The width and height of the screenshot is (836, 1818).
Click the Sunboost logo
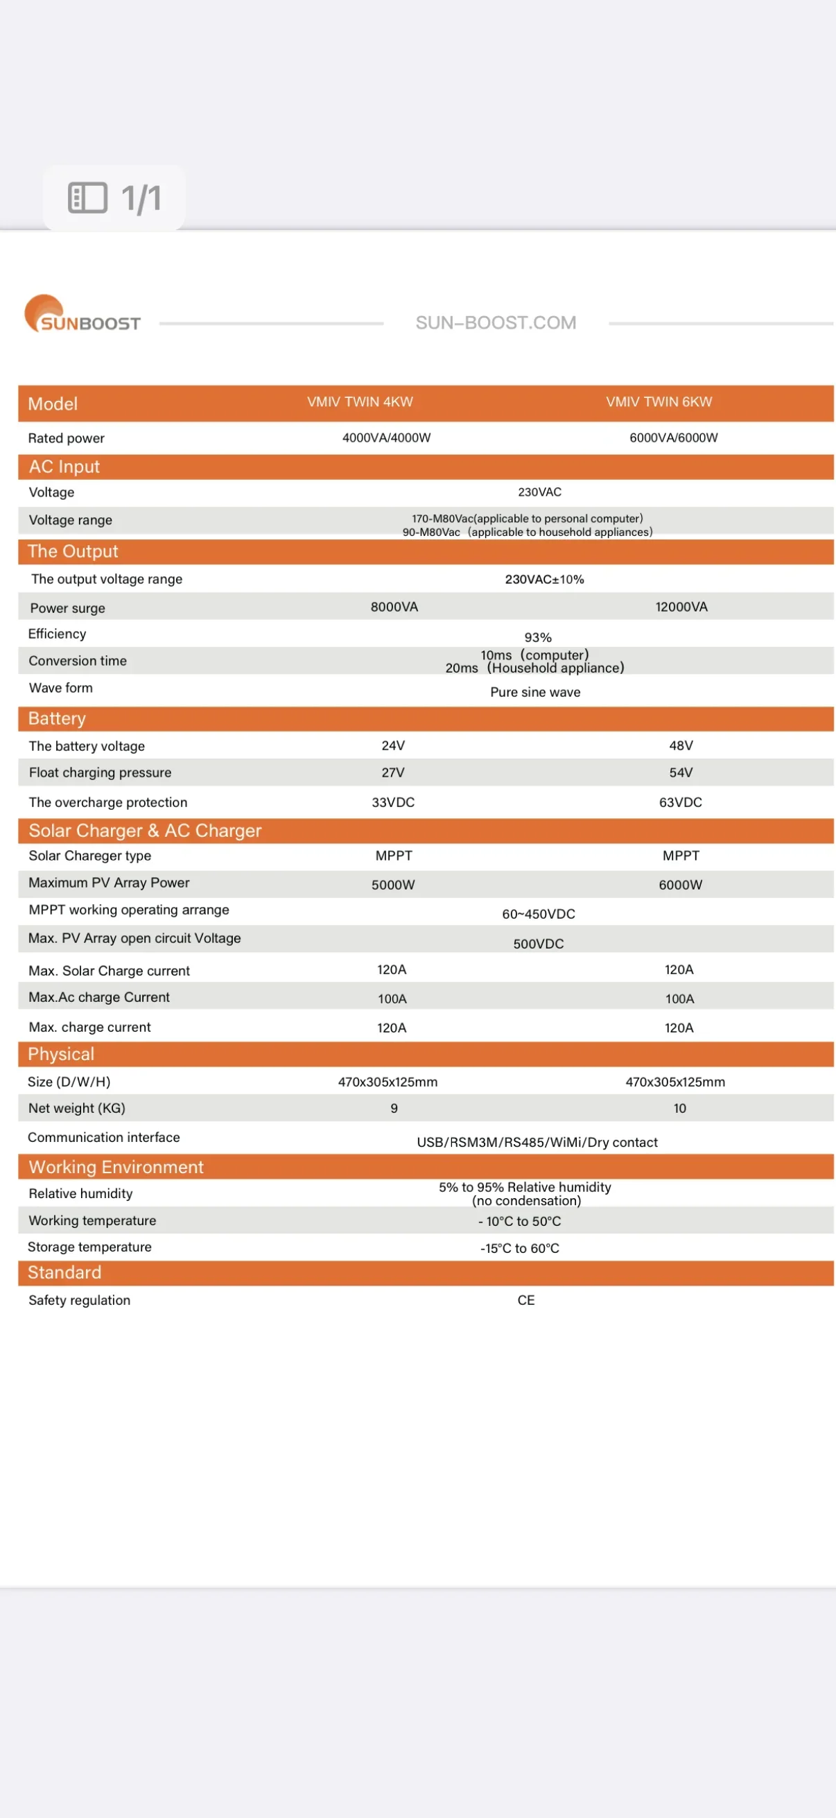[x=82, y=315]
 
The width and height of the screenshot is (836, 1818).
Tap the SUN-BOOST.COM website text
[x=495, y=322]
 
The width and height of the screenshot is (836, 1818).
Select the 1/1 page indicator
[x=115, y=198]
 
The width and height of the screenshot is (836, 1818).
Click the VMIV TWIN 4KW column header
[x=360, y=402]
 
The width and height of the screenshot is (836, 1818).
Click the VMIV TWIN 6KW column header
[x=659, y=402]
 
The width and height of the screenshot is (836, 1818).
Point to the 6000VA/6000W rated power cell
[x=673, y=438]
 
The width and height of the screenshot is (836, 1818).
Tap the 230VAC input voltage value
[x=539, y=492]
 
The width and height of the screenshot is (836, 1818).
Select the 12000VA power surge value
[x=681, y=607]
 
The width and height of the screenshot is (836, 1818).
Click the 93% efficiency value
[x=538, y=637]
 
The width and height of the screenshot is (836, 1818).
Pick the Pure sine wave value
[x=534, y=693]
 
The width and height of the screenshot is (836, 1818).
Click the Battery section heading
[x=56, y=718]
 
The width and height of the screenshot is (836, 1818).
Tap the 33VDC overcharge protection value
[x=393, y=802]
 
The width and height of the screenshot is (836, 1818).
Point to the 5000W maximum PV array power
[x=393, y=885]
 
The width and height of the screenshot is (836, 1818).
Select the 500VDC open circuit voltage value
[x=539, y=944]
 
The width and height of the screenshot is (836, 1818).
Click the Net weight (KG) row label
[x=77, y=1108]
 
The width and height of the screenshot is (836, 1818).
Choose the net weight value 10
[x=679, y=1109]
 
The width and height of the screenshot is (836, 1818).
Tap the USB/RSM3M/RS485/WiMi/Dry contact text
[x=537, y=1142]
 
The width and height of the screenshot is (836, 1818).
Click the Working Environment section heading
[x=116, y=1168]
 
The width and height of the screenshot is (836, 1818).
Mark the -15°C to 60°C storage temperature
[x=519, y=1249]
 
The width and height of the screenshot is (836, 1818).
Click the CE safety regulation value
[x=525, y=1300]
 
